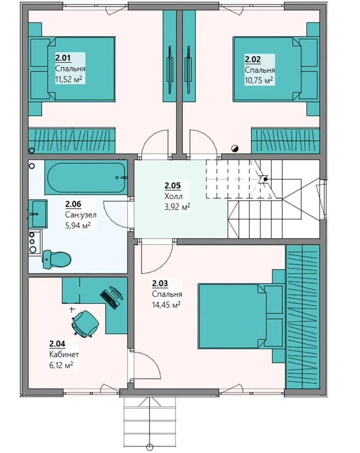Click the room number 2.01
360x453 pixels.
(63, 58)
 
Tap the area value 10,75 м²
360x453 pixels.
(259, 80)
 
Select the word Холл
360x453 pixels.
(173, 196)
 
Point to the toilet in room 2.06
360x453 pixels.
(57, 259)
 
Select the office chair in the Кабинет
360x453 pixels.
(86, 323)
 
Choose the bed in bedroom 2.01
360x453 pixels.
(72, 69)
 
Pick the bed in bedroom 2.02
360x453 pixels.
(276, 69)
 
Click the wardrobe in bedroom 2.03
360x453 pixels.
(303, 317)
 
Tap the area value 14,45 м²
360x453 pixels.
(167, 305)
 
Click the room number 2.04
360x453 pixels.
(57, 344)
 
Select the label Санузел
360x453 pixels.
(81, 215)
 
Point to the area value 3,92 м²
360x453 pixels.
(177, 207)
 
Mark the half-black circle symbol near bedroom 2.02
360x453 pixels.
(235, 148)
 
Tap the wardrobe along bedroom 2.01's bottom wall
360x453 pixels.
(72, 141)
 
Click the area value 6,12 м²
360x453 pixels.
(61, 365)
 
